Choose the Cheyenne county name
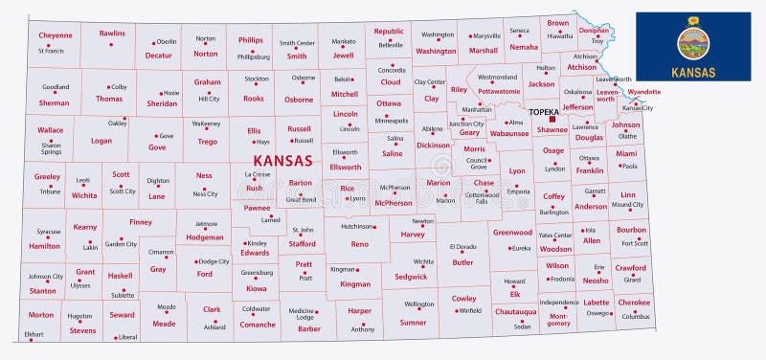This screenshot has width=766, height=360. click(x=56, y=35)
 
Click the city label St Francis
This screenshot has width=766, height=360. click(x=51, y=51)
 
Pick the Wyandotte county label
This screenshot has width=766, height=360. click(x=643, y=92)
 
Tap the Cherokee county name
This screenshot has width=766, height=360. click(x=634, y=303)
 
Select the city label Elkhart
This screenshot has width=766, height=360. click(x=34, y=334)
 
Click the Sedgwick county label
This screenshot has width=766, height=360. click(x=411, y=276)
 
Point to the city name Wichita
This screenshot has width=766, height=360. click(x=423, y=260)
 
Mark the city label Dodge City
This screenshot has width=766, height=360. click(x=214, y=261)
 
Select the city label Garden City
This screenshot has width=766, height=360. click(x=121, y=244)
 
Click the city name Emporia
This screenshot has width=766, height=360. click(x=518, y=191)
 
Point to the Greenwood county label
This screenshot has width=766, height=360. click(x=512, y=232)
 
